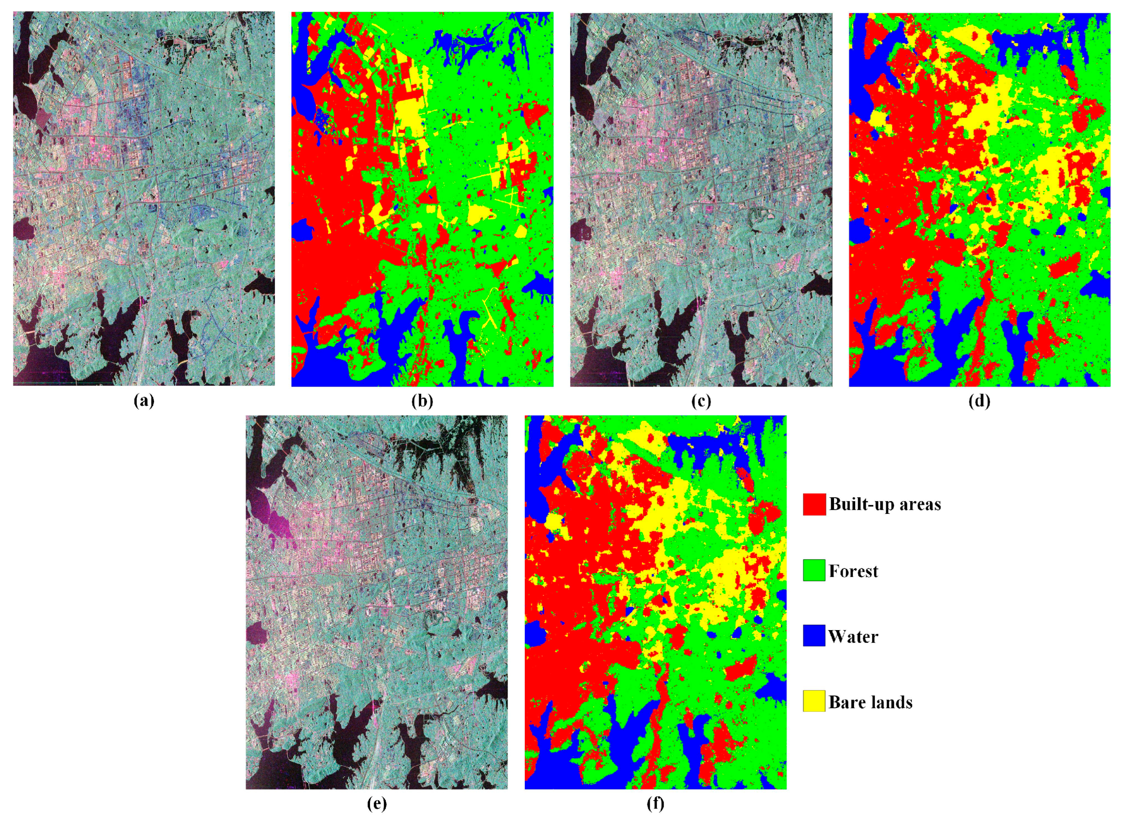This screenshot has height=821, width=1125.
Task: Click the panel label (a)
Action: (x=144, y=401)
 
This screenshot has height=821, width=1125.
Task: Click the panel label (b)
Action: (x=422, y=401)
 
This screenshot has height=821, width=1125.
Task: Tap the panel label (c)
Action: (x=701, y=401)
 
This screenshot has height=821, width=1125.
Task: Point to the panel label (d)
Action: (x=979, y=401)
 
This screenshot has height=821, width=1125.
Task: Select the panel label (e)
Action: (x=377, y=804)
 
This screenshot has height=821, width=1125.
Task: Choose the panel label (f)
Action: (x=656, y=804)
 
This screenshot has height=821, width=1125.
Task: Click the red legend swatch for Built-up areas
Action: (x=814, y=504)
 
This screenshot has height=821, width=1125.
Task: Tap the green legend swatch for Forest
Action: (x=814, y=570)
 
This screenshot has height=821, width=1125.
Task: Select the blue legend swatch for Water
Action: (x=814, y=636)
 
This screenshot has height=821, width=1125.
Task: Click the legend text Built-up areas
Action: (x=885, y=504)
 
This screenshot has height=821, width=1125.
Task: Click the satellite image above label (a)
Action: (x=144, y=199)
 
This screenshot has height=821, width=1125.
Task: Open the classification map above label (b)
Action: (x=422, y=199)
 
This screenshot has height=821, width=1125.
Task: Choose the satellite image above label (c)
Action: (x=701, y=199)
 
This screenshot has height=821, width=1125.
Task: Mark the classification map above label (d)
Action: (x=979, y=199)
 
